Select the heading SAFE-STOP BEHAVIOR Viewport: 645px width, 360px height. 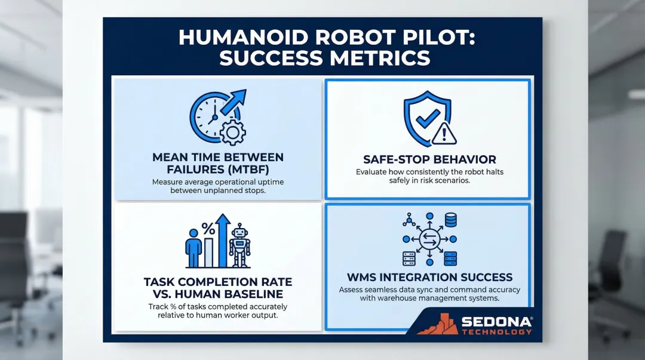429,160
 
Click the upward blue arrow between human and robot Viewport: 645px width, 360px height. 223,239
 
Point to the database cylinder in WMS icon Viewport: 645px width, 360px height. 451,221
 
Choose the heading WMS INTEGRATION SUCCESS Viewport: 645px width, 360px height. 429,277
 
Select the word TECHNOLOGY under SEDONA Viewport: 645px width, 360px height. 495,332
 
